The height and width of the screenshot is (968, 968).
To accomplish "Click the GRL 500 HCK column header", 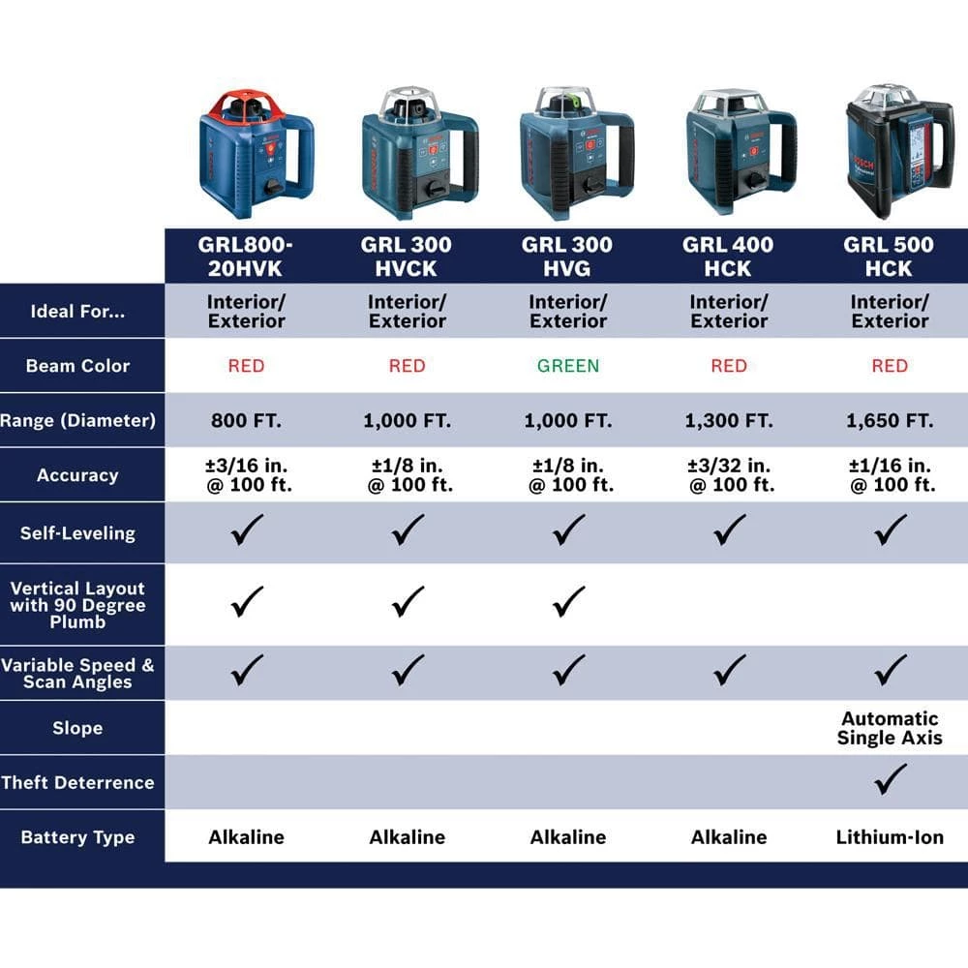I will pos(889,257).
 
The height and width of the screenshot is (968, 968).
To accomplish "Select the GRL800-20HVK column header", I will pos(246,257).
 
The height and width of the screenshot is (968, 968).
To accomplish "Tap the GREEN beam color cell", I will pos(568,366).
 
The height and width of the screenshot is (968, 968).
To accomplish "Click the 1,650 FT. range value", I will pos(889,421).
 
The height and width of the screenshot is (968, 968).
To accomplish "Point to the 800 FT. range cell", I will pos(246,421).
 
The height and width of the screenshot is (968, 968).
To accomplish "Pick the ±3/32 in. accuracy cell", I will pos(729,475).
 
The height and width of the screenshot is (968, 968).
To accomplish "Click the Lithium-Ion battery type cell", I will pos(889,837).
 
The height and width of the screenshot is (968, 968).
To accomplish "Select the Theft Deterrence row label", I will pos(77,782).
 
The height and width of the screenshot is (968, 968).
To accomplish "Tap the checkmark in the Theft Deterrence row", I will pos(890,778).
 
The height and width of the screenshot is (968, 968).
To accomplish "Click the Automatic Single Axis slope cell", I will pos(889,728).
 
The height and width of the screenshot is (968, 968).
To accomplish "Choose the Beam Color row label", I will pos(77,366).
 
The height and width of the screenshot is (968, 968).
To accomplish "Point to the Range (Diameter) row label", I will pos(77,421).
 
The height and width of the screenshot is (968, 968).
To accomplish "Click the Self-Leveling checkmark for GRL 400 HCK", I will pos(729,529).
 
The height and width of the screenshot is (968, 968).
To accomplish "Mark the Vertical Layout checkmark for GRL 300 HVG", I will pos(568,603).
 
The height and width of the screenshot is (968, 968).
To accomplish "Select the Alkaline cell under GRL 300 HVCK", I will pos(407,837).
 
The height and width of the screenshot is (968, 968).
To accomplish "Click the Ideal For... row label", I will pos(77,312).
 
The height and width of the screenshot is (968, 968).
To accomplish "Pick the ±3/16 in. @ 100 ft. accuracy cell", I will pos(246,475).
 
